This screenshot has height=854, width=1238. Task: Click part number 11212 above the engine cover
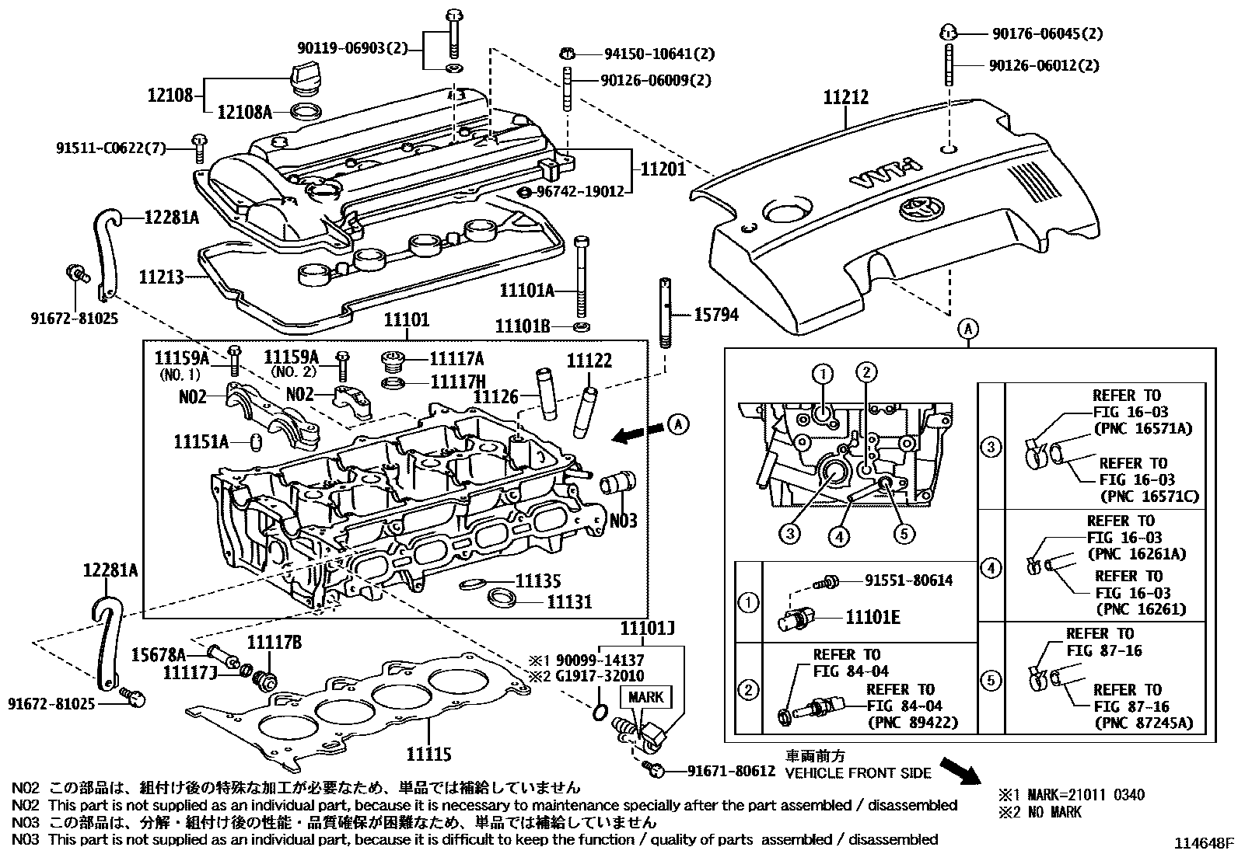click(x=846, y=98)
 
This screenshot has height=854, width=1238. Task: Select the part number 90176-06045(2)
click(x=1047, y=33)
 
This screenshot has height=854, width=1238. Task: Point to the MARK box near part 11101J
click(x=645, y=696)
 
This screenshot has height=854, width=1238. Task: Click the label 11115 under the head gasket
click(x=428, y=754)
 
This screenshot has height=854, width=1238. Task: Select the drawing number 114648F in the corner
click(x=1204, y=843)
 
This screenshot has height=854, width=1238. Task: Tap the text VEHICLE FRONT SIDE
click(x=858, y=773)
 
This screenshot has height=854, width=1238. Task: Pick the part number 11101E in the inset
click(x=873, y=617)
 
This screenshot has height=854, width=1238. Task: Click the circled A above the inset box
click(x=968, y=329)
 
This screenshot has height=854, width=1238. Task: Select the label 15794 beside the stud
click(x=715, y=315)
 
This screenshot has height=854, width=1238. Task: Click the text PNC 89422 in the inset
click(x=912, y=723)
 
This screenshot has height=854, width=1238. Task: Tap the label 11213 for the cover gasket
click(x=161, y=276)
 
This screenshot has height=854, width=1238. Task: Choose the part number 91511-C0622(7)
click(x=110, y=148)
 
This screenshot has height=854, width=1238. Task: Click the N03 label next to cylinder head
click(x=623, y=521)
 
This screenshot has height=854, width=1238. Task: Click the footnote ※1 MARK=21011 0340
click(x=1072, y=795)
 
